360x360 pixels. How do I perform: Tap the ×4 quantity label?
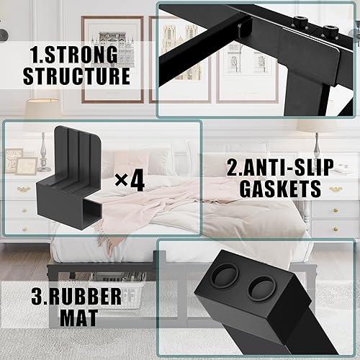pos(129,179)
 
